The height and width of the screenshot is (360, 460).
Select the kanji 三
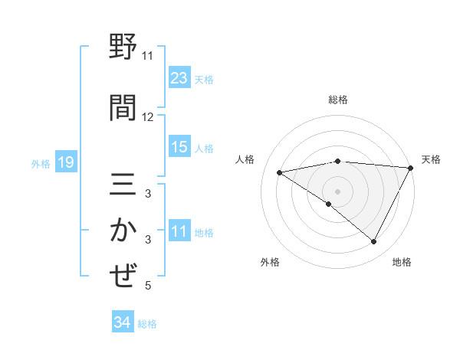click(x=123, y=186)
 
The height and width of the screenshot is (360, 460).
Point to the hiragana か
click(x=123, y=231)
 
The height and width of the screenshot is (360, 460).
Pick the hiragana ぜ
click(x=123, y=276)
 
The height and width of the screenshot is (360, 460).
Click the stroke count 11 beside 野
click(x=147, y=56)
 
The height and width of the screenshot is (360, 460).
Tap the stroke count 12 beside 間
click(x=147, y=117)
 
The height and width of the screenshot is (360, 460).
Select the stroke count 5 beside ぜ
click(x=147, y=286)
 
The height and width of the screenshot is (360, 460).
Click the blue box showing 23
click(x=179, y=78)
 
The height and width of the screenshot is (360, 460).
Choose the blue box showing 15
click(x=179, y=147)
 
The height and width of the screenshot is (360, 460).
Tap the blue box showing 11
click(x=179, y=231)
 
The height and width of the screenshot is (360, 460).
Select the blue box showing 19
click(x=65, y=162)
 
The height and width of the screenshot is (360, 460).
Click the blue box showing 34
click(x=122, y=322)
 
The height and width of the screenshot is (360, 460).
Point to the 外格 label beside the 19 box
click(x=41, y=163)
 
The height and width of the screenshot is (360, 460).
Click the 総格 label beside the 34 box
click(x=147, y=323)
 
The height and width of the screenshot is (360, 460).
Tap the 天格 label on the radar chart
click(x=432, y=159)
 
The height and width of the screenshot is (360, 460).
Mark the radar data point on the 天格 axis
click(x=411, y=168)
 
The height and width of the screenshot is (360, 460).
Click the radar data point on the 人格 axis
click(x=279, y=172)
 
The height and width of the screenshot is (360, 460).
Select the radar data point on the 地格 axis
click(x=374, y=242)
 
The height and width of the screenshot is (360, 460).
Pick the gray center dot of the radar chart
click(x=337, y=191)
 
